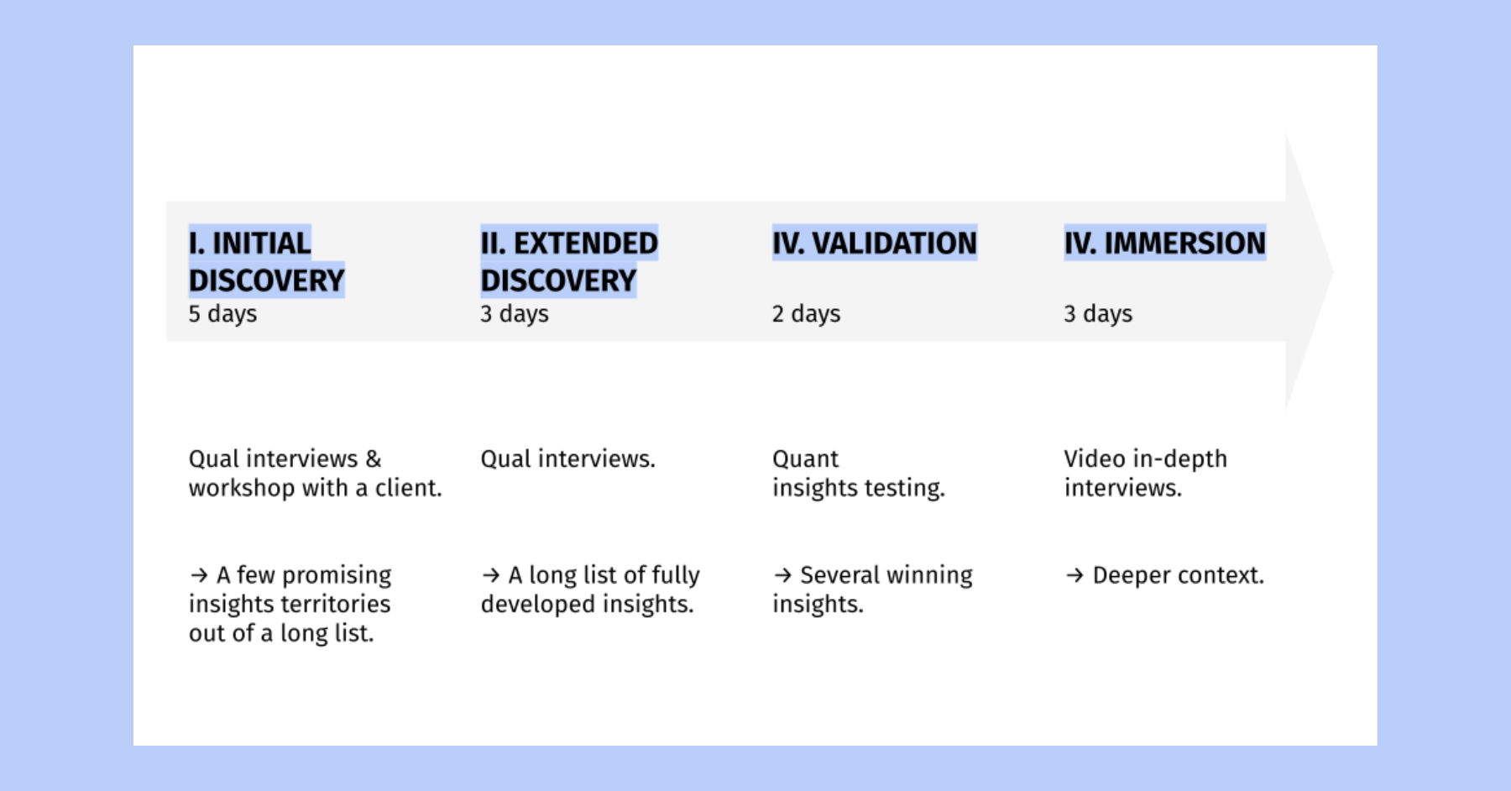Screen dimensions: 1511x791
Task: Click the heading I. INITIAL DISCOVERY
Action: point(266,261)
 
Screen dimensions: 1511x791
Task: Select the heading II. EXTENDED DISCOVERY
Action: point(569,261)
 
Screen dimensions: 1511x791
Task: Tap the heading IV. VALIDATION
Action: point(875,243)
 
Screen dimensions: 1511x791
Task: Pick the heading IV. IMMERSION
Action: point(1165,243)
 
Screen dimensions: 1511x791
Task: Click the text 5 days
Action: point(222,314)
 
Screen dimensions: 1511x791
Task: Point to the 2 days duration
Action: point(806,314)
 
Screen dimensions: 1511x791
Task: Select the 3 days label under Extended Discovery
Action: point(515,314)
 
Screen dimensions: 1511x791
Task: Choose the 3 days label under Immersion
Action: point(1098,314)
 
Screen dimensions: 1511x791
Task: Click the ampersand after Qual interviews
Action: point(374,459)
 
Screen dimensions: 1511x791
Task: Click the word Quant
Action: point(805,459)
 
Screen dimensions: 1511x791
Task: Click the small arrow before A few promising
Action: point(199,575)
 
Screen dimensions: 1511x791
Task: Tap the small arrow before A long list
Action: point(491,575)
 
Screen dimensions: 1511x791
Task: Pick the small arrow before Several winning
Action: point(782,575)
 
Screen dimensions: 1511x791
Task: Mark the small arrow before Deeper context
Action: point(1074,575)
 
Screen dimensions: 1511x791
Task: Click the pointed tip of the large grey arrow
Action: point(1333,270)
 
